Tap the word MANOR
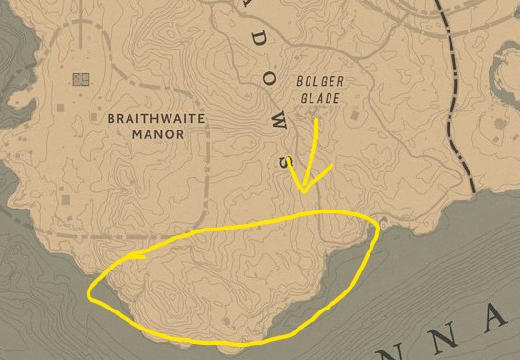click(x=157, y=134)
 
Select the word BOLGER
click(x=319, y=82)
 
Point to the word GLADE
click(x=319, y=97)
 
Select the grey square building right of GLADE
click(x=353, y=116)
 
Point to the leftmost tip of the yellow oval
click(x=89, y=293)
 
